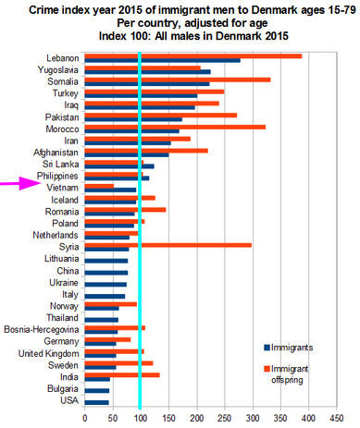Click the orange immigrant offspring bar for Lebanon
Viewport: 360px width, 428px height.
(222, 55)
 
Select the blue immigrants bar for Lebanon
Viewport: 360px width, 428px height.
(171, 61)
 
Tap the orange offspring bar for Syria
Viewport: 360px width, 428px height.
(180, 245)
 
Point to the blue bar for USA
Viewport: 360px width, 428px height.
(96, 402)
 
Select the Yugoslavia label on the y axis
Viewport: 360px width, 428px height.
(56, 69)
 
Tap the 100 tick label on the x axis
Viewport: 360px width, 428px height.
(140, 417)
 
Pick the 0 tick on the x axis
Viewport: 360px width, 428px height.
(84, 417)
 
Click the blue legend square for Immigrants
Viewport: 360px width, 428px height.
(267, 347)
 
